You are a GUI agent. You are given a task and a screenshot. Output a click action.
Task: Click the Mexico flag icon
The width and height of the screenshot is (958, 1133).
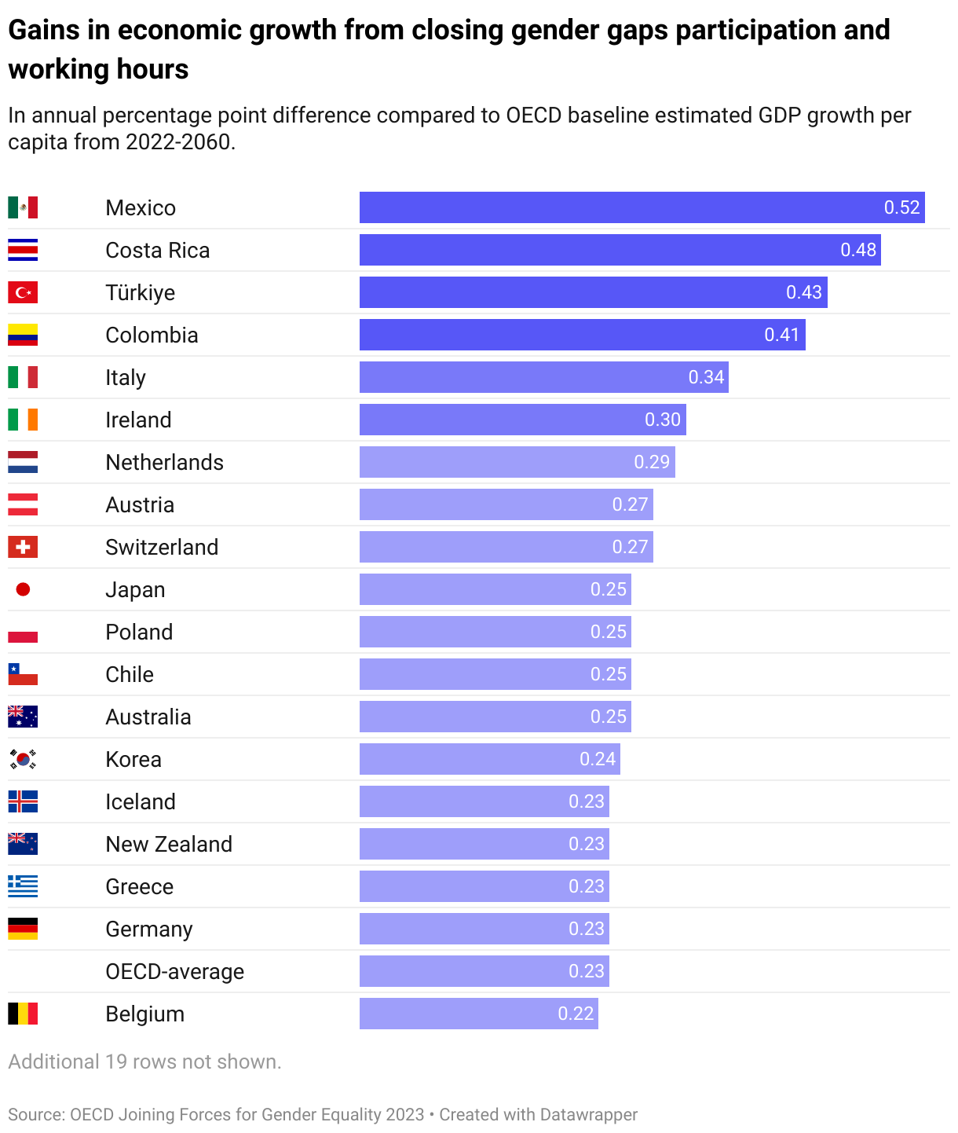(x=23, y=207)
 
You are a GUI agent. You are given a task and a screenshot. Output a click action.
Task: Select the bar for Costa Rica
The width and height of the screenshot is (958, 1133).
(x=620, y=250)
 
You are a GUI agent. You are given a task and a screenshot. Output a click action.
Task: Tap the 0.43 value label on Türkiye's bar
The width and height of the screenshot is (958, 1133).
(x=803, y=292)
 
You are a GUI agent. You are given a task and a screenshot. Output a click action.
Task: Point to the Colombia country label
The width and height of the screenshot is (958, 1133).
(x=152, y=335)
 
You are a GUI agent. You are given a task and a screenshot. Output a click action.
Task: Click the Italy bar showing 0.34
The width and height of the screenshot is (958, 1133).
(x=543, y=377)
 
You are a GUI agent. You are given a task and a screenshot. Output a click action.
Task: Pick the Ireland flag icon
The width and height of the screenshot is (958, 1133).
(x=23, y=420)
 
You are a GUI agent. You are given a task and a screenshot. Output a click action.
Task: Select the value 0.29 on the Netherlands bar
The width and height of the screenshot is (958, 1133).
(x=651, y=462)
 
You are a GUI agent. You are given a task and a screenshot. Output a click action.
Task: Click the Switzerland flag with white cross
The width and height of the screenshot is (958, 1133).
(x=23, y=547)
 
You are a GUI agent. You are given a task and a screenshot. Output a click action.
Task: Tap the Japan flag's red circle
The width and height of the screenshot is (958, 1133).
(x=23, y=589)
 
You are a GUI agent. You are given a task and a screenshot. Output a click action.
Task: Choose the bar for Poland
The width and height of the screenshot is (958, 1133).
(x=495, y=632)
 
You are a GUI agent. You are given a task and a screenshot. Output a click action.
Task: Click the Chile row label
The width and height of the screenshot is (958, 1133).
(x=130, y=674)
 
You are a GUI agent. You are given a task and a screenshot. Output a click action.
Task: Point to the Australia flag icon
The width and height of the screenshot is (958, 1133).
(x=23, y=717)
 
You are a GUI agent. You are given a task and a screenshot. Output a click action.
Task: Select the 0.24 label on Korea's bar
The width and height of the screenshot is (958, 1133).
(x=597, y=759)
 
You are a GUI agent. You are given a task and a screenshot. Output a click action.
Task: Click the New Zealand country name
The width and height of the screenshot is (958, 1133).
(x=169, y=844)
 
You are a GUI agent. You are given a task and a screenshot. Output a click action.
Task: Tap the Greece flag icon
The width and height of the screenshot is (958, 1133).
(x=23, y=886)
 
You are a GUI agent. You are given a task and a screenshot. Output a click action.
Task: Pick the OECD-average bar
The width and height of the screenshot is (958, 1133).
(x=484, y=971)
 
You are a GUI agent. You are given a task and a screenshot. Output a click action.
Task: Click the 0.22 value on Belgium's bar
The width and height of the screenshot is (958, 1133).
(x=575, y=1014)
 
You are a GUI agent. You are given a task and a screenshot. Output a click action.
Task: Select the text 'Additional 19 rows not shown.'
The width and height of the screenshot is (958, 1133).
(x=144, y=1061)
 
